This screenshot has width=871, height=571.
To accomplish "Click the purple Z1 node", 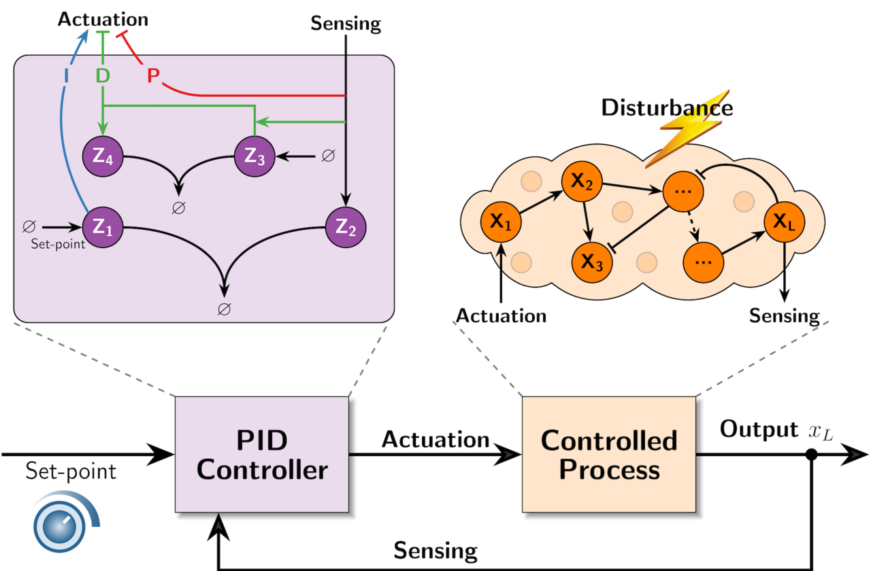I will click(x=101, y=226).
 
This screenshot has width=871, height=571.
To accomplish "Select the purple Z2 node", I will click(x=346, y=226).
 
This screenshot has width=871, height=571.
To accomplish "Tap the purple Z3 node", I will click(x=254, y=156).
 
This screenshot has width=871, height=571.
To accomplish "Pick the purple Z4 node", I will click(x=101, y=156).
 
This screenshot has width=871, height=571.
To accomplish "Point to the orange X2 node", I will click(x=580, y=182).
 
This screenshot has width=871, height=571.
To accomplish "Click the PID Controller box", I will click(x=261, y=454).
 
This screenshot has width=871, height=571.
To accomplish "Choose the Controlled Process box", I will click(x=608, y=454).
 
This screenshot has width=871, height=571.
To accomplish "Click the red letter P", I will click(x=154, y=75).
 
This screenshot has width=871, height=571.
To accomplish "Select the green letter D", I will click(x=102, y=75).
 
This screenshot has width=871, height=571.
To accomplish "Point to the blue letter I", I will click(x=66, y=76).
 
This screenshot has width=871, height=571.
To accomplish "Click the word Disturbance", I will click(x=667, y=107).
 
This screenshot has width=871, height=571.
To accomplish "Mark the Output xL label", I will click(x=776, y=430).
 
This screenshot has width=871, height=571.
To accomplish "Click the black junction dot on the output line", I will click(x=811, y=455).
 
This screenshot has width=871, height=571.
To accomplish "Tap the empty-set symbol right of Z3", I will click(x=327, y=156).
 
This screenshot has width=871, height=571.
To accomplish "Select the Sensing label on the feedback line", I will click(x=435, y=550).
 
